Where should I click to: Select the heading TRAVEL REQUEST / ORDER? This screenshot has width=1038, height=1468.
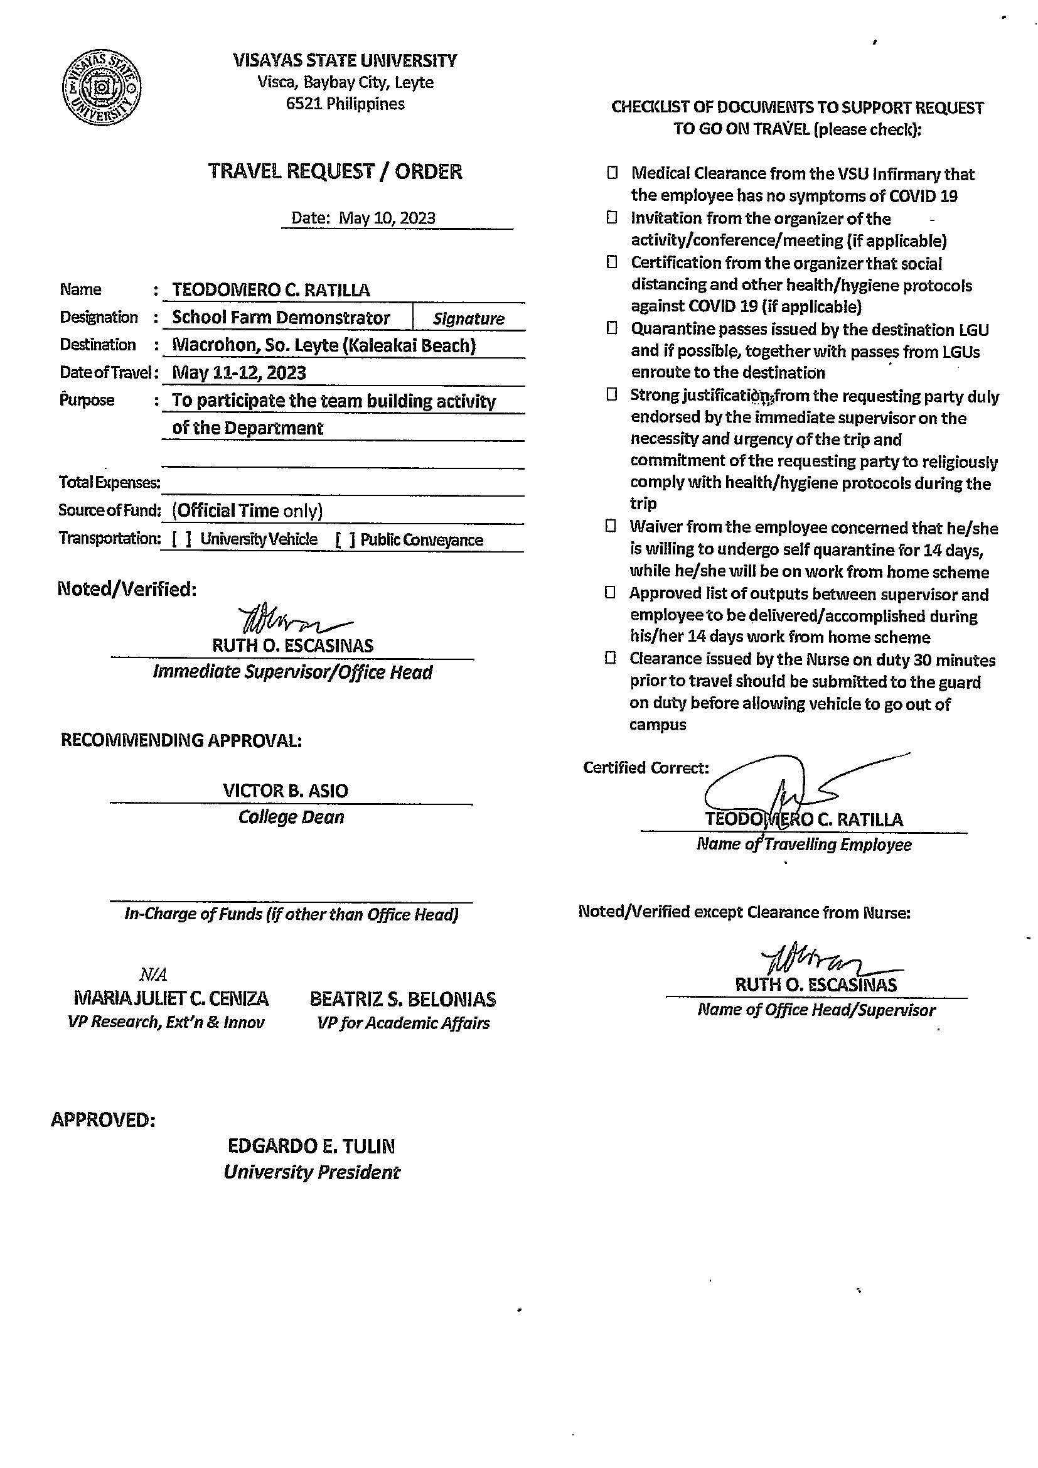335,171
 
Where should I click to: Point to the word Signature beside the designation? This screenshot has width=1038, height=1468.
469,318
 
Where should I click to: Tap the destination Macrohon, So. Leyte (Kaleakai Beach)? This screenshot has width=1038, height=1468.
324,345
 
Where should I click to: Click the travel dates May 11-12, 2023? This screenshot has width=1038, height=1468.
239,373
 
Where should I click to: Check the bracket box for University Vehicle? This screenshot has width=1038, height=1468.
181,539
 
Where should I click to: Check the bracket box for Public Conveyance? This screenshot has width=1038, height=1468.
345,539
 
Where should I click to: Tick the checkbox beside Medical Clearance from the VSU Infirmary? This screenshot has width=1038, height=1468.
613,173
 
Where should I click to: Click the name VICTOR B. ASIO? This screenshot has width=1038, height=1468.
285,791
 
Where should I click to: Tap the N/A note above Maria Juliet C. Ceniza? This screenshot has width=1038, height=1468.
153,974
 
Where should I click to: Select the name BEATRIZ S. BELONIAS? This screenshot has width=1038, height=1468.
403,1000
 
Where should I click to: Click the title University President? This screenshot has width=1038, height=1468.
311,1172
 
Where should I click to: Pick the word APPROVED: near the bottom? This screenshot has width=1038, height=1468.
103,1120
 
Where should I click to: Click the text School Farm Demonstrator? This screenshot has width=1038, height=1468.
281,318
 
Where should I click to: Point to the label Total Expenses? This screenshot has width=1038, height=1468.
109,482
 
